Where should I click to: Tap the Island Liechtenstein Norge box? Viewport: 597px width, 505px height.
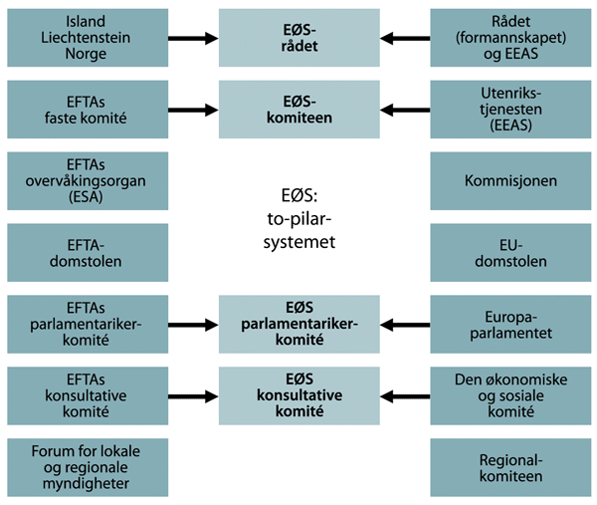[86, 38]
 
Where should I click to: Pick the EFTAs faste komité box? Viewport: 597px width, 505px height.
[86, 110]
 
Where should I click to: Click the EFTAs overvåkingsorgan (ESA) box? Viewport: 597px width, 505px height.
[86, 181]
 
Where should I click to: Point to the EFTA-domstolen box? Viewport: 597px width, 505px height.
[86, 253]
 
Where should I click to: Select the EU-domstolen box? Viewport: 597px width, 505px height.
[511, 253]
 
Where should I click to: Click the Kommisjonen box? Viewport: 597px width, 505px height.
[511, 181]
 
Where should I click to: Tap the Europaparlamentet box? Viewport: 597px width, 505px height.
[511, 325]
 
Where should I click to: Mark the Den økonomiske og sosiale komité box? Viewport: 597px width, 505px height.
[511, 396]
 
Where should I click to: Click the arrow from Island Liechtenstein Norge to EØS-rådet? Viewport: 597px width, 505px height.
[193, 39]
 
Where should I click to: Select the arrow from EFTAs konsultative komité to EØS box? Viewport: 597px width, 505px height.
[193, 396]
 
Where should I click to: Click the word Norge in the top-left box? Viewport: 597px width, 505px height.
[86, 55]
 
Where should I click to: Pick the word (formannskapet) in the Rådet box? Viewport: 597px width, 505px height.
[511, 38]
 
